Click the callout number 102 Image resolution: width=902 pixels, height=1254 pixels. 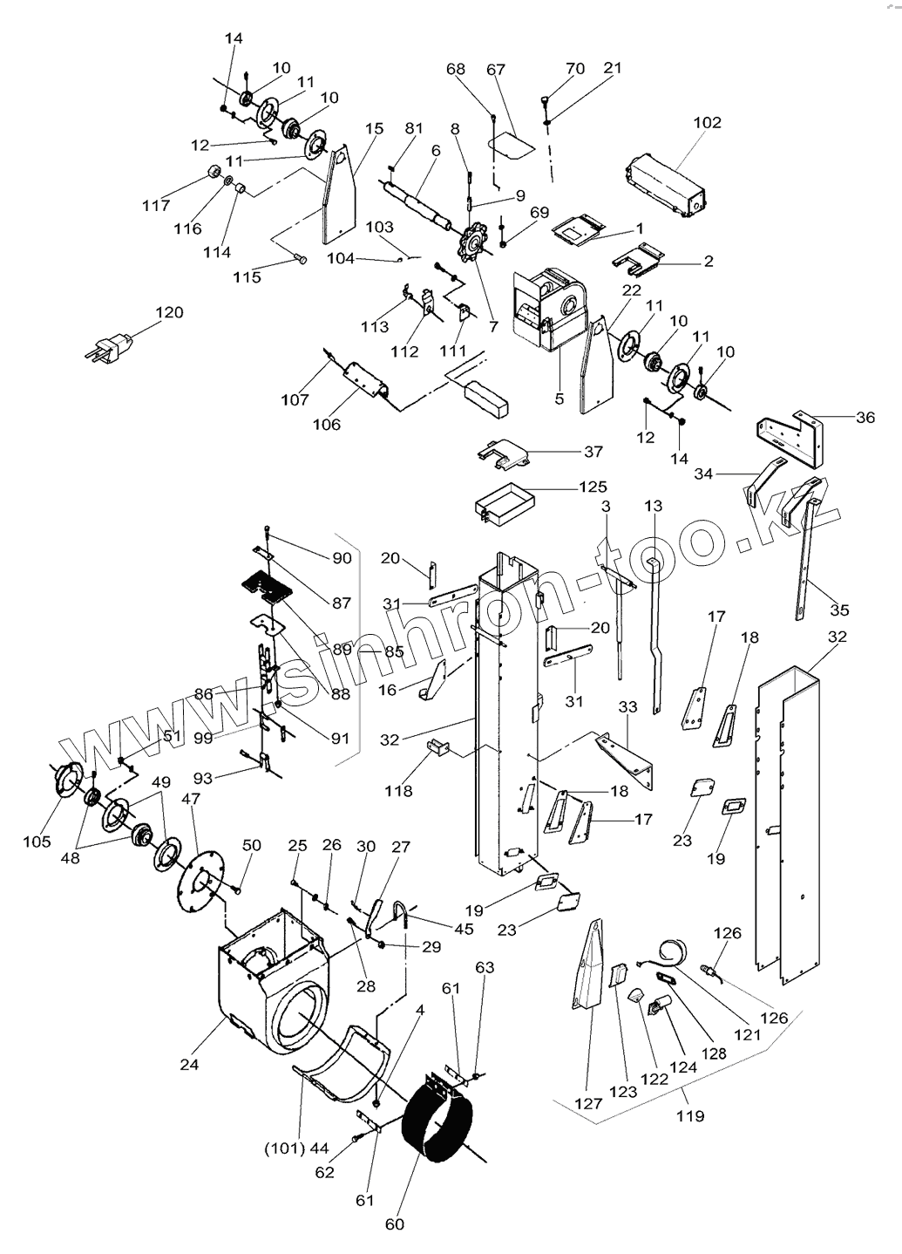[707, 123]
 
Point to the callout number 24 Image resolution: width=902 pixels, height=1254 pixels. [189, 1064]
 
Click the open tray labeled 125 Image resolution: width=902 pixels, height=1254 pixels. [498, 507]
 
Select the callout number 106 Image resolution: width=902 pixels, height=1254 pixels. [327, 425]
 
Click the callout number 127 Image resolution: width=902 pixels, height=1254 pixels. [588, 1103]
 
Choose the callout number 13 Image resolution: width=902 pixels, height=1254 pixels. [654, 506]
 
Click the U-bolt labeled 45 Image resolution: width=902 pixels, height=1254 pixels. [403, 917]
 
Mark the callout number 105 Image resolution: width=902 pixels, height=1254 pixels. [37, 842]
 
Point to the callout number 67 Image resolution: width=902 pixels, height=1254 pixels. [496, 70]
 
